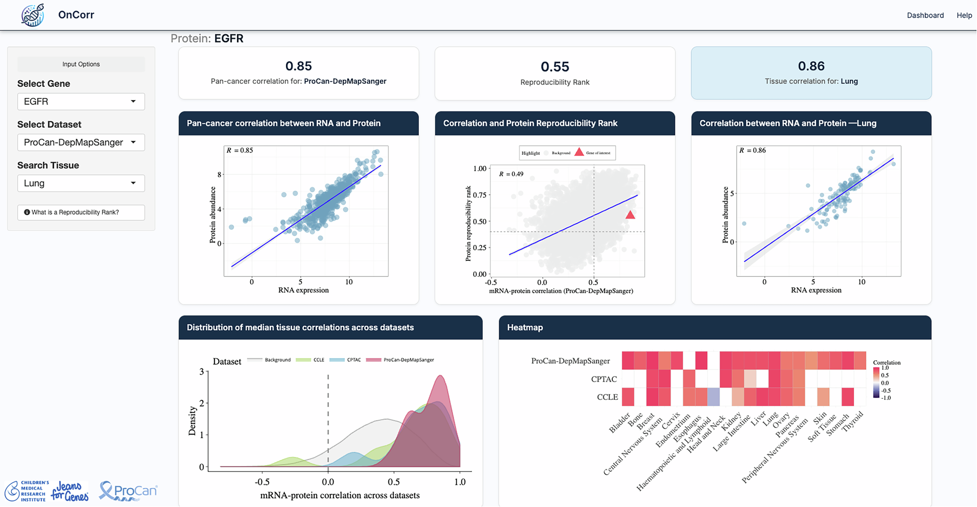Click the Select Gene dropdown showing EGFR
pyautogui.click(x=81, y=101)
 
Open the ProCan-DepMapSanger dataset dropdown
pyautogui.click(x=81, y=142)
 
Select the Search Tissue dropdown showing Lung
pyautogui.click(x=81, y=183)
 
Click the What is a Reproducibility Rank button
pyautogui.click(x=81, y=213)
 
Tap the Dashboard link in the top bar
pyautogui.click(x=925, y=15)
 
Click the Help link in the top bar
pyautogui.click(x=964, y=15)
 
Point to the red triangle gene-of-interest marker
pyautogui.click(x=630, y=215)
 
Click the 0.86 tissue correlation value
pyautogui.click(x=811, y=66)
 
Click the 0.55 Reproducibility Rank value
pyautogui.click(x=555, y=66)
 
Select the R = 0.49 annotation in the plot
pyautogui.click(x=511, y=174)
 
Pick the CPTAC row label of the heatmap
pyautogui.click(x=603, y=379)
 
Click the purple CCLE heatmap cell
pyautogui.click(x=713, y=397)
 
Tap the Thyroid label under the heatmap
pyautogui.click(x=853, y=422)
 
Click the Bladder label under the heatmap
pyautogui.click(x=620, y=423)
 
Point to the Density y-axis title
pyautogui.click(x=193, y=421)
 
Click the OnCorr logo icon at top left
pyautogui.click(x=32, y=15)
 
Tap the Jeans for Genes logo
pyautogui.click(x=70, y=492)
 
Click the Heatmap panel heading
pyautogui.click(x=525, y=327)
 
